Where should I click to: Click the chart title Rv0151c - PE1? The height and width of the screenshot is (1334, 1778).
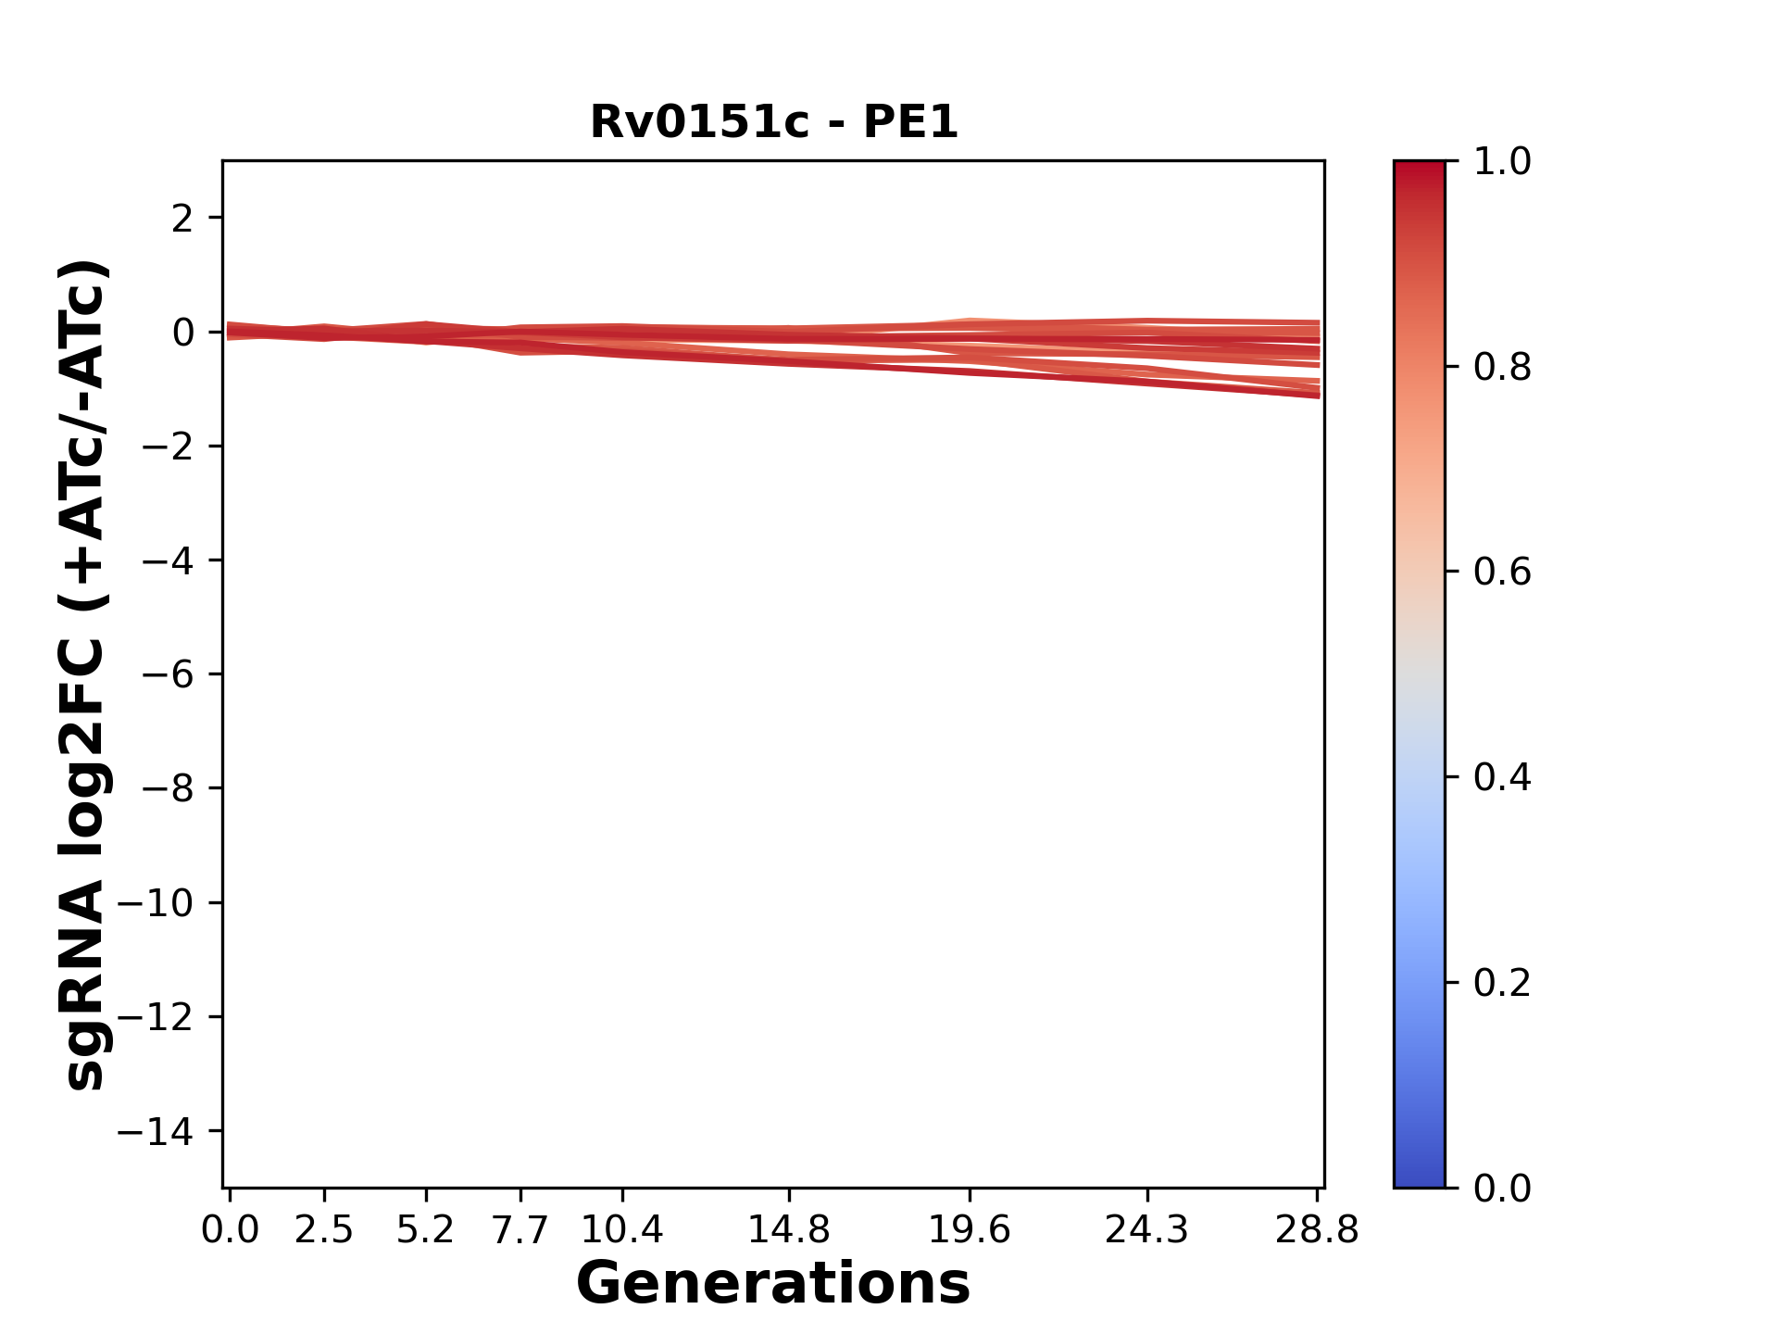[773, 122]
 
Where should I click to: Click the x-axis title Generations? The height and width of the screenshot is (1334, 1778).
[773, 1284]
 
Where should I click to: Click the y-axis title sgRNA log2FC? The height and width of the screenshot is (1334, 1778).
[85, 674]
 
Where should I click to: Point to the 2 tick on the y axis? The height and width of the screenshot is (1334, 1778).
[182, 219]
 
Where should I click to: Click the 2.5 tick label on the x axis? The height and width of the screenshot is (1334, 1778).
[324, 1230]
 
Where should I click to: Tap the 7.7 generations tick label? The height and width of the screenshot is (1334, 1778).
[520, 1230]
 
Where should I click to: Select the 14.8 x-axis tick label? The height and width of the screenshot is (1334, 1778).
[788, 1230]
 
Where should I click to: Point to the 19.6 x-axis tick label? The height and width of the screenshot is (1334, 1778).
[969, 1230]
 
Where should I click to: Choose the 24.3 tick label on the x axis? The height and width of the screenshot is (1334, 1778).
[1146, 1230]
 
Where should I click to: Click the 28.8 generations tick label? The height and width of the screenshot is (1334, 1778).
[1317, 1230]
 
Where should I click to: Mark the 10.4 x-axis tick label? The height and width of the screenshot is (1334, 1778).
[621, 1230]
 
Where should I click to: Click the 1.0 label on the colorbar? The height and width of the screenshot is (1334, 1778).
[1502, 162]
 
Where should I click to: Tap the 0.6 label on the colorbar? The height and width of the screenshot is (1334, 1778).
[1502, 573]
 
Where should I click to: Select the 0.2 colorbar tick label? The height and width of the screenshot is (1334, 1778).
[1502, 983]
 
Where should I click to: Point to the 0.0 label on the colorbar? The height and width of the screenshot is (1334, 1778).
[1502, 1189]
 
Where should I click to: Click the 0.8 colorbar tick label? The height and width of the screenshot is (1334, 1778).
[1502, 368]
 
